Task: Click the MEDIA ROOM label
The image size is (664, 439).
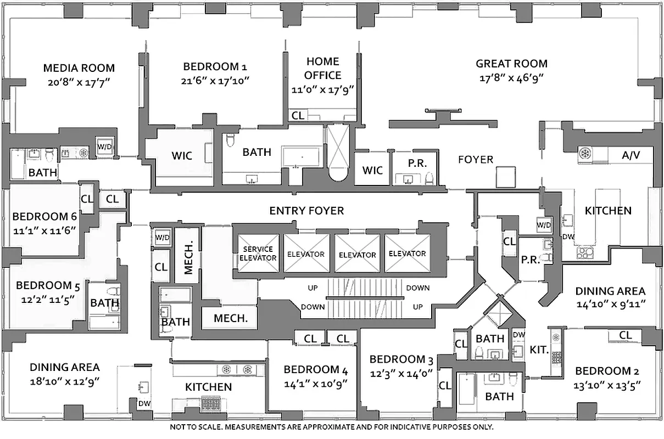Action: tap(79, 68)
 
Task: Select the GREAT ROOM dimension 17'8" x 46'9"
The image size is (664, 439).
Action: tap(511, 78)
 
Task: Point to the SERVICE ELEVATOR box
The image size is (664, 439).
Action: tap(258, 253)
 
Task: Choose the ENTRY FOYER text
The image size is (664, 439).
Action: tap(306, 211)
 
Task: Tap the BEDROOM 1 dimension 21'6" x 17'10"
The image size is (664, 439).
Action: tap(215, 81)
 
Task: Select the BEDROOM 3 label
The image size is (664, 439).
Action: tap(401, 359)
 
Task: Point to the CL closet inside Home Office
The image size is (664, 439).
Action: tap(298, 115)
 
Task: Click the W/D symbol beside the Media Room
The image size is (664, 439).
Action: tap(104, 147)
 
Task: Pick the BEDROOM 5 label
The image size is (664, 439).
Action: tap(44, 285)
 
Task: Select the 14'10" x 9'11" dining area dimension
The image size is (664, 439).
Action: tap(610, 304)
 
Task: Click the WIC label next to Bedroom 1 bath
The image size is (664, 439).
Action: tap(182, 155)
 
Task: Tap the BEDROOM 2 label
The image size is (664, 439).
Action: tap(607, 370)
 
